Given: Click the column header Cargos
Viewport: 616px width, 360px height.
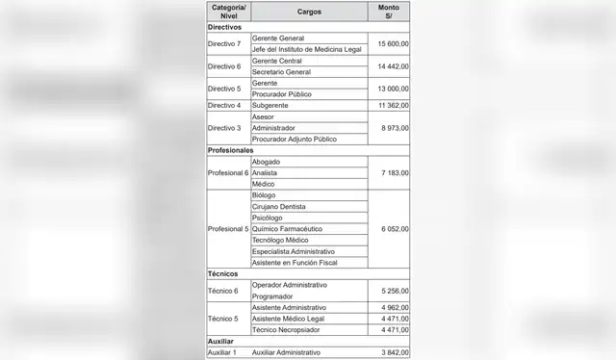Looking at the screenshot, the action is click(309, 12).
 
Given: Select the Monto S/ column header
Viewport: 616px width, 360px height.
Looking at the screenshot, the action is click(389, 12).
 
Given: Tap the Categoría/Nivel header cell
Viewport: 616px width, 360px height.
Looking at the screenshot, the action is click(227, 12).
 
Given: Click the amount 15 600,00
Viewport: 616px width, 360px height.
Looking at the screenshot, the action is click(390, 43).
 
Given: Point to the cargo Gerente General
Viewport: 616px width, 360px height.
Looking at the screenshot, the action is click(278, 38).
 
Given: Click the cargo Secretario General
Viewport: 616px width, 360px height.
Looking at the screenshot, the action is click(282, 71).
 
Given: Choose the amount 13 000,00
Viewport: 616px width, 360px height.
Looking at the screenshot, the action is click(390, 89).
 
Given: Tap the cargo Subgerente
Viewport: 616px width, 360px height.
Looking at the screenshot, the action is click(271, 105).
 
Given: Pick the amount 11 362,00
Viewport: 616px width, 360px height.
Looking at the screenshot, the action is click(390, 105).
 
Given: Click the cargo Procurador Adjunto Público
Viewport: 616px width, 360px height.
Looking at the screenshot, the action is click(294, 139).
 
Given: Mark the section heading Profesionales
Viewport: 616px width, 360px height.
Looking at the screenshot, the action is click(231, 150).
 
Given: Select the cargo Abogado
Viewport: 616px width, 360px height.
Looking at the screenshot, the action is click(267, 162).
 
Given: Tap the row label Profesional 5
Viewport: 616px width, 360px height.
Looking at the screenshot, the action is click(228, 229).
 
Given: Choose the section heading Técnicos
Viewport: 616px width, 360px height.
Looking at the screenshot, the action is click(223, 274).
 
